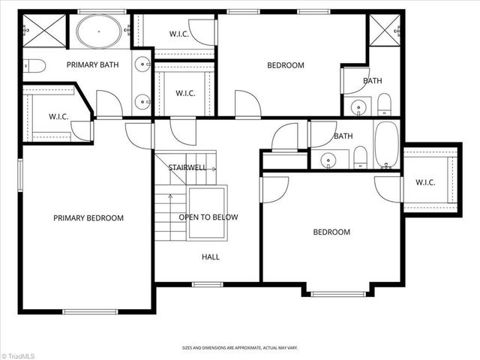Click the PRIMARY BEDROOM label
(88, 217)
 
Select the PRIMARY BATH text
(93, 65)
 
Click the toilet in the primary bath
(34, 66)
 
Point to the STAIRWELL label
(187, 167)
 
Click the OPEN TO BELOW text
(208, 217)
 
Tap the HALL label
(211, 256)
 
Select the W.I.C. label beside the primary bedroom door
(58, 116)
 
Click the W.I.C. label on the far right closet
(425, 181)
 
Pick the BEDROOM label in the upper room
(286, 65)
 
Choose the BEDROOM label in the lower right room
(331, 232)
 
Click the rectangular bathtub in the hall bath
(387, 145)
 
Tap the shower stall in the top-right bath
(384, 31)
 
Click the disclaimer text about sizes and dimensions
(239, 348)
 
